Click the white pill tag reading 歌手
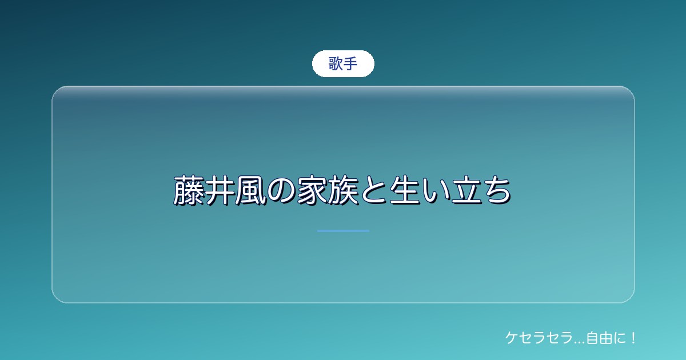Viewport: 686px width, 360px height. click(343, 63)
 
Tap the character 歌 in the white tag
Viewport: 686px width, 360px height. click(336, 63)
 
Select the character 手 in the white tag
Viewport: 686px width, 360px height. click(350, 63)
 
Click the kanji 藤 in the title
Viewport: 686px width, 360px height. click(189, 190)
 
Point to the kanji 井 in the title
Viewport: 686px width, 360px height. click(220, 190)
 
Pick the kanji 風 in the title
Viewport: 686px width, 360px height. click(250, 190)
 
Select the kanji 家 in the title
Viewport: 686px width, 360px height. click(312, 190)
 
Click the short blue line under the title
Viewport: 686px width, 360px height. click(343, 231)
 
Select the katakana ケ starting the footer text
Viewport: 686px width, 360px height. click(512, 338)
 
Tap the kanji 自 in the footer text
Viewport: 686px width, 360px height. click(593, 338)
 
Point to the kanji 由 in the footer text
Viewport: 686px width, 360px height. click(606, 338)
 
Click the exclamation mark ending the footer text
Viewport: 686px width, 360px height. click(633, 338)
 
